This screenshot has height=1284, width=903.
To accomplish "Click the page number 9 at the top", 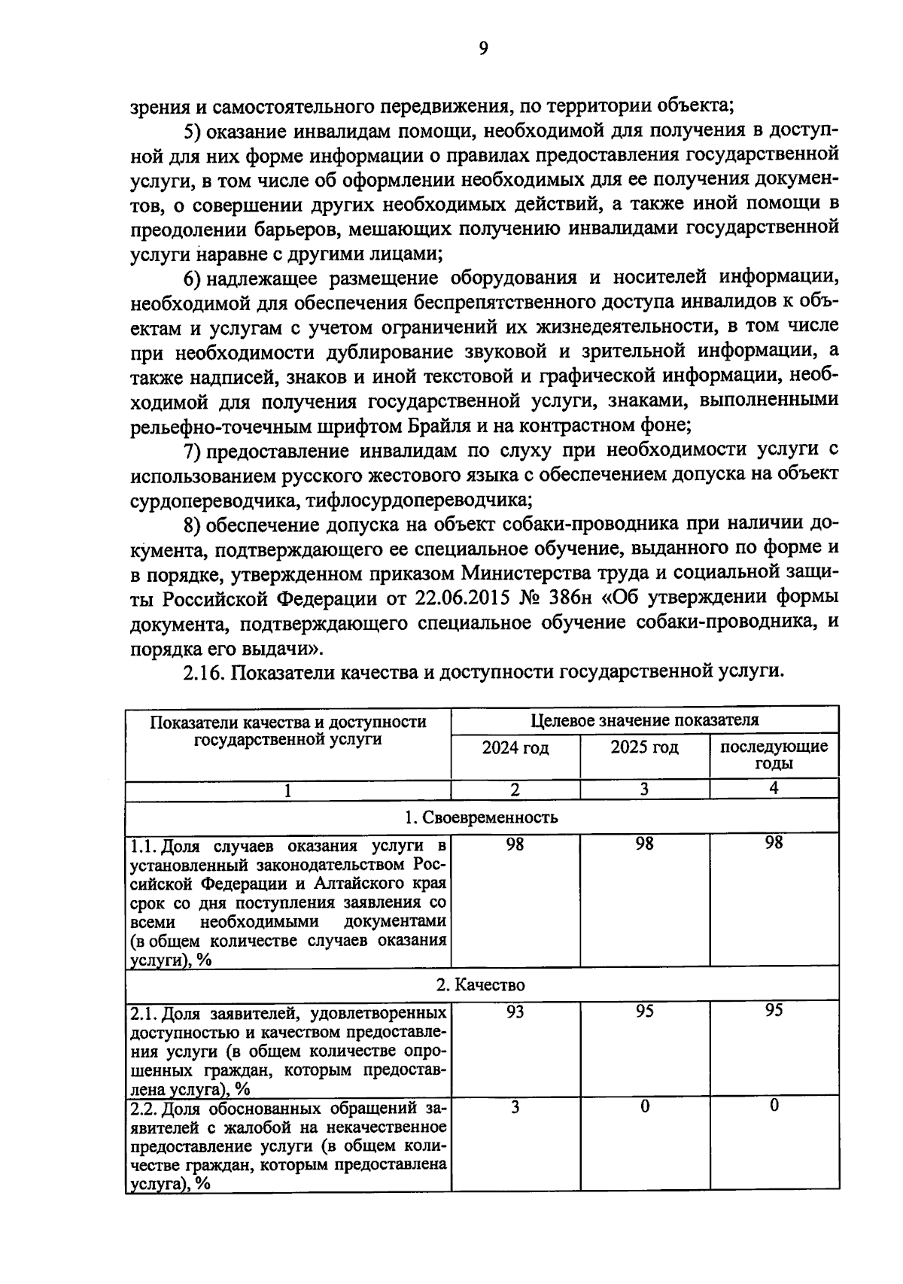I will pyautogui.click(x=483, y=49).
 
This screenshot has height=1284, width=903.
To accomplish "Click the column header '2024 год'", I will pyautogui.click(x=515, y=748).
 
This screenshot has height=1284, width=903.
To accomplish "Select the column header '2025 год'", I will pyautogui.click(x=644, y=747).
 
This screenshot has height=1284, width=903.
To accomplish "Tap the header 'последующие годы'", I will pyautogui.click(x=774, y=755).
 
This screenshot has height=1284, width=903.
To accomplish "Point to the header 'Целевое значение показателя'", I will pyautogui.click(x=644, y=720).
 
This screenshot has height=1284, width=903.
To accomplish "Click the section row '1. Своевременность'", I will pyautogui.click(x=482, y=817).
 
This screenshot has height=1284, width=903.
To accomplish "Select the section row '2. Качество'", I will pyautogui.click(x=482, y=984).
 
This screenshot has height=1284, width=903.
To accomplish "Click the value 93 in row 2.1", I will pyautogui.click(x=515, y=1012).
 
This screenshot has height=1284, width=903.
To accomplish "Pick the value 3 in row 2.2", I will pyautogui.click(x=515, y=1107).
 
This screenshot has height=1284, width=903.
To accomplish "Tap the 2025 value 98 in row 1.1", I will pyautogui.click(x=644, y=844).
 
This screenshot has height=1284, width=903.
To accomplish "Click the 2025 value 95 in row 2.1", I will pyautogui.click(x=644, y=1012).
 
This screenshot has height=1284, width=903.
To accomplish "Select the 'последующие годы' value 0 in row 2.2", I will pyautogui.click(x=774, y=1106).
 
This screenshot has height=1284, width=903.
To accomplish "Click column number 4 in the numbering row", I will pyautogui.click(x=774, y=789).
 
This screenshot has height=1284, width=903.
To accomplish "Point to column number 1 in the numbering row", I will pyautogui.click(x=288, y=790).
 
